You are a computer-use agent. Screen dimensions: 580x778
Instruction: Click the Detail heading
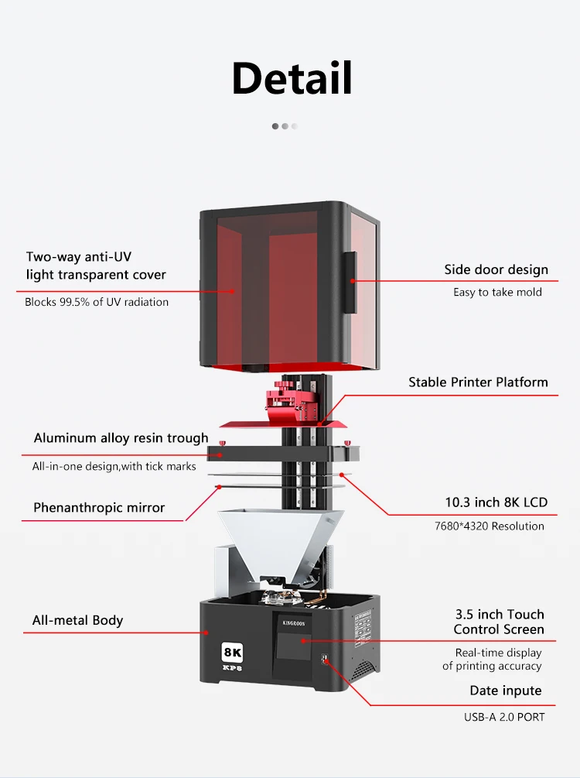pos(292,77)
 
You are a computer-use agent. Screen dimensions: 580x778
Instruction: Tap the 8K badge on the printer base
pos(233,652)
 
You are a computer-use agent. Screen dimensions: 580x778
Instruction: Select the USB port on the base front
pos(326,660)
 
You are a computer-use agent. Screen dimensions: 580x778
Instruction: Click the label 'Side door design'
pos(496,269)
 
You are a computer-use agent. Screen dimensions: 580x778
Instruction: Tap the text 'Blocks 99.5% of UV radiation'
pos(97,302)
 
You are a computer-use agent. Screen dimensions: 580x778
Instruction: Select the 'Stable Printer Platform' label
pos(479,382)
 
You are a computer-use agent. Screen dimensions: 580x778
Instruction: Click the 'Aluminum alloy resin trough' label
pos(121,438)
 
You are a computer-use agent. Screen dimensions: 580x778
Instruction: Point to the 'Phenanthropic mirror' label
pos(99,508)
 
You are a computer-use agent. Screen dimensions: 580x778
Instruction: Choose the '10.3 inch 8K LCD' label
pos(496,502)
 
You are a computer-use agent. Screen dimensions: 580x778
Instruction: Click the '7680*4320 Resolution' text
pos(490,526)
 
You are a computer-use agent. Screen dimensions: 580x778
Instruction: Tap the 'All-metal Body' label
pos(77,620)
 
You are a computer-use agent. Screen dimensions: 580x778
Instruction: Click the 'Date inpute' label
pos(506,691)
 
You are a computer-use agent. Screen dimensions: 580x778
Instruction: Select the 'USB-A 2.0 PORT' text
pos(504,717)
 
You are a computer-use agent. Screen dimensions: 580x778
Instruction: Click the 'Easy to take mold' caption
pos(497,293)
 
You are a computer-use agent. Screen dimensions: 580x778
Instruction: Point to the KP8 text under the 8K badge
pos(232,668)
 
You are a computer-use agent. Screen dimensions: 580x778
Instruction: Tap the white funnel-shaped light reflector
pos(281,544)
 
